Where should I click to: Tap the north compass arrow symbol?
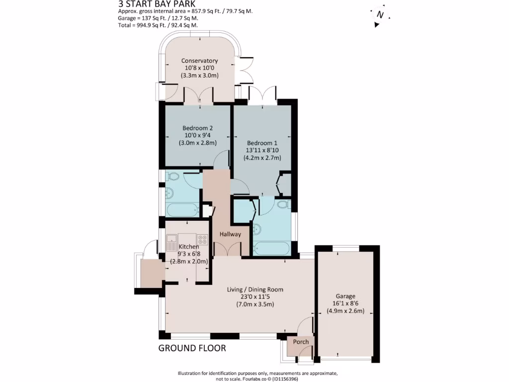pos(380,15)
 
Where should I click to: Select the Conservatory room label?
pos(199,61)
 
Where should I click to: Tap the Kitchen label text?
pos(189,247)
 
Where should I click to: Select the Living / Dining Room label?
pos(255,289)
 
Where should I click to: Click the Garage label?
pos(345,294)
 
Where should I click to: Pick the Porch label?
pos(301,342)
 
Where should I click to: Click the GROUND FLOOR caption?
pos(192,348)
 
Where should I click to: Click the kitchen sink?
pos(171,243)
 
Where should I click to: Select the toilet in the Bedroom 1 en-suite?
pos(283,205)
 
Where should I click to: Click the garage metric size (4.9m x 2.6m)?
pos(345,311)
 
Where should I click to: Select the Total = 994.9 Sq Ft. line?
pos(158,25)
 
